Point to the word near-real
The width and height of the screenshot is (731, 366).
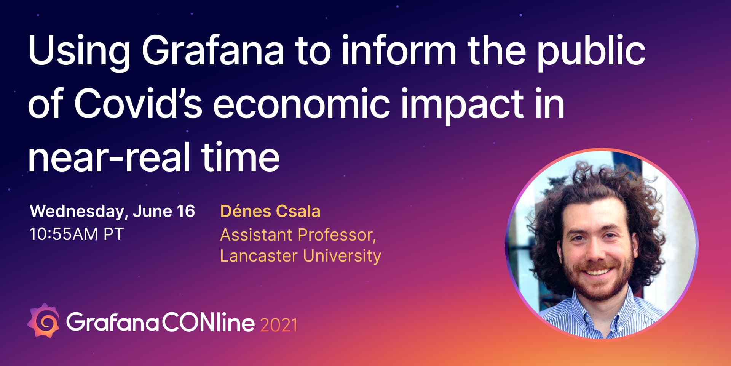pos(109,157)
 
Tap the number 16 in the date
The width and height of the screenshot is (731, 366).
pos(186,211)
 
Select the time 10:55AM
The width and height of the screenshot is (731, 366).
pos(64,234)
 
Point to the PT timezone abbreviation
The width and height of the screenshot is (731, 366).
pos(113,234)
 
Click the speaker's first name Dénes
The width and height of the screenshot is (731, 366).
pos(246,211)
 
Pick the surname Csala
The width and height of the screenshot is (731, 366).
pos(298,211)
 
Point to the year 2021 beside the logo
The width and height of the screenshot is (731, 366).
pos(279,325)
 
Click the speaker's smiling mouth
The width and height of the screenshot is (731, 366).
pos(596,271)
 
